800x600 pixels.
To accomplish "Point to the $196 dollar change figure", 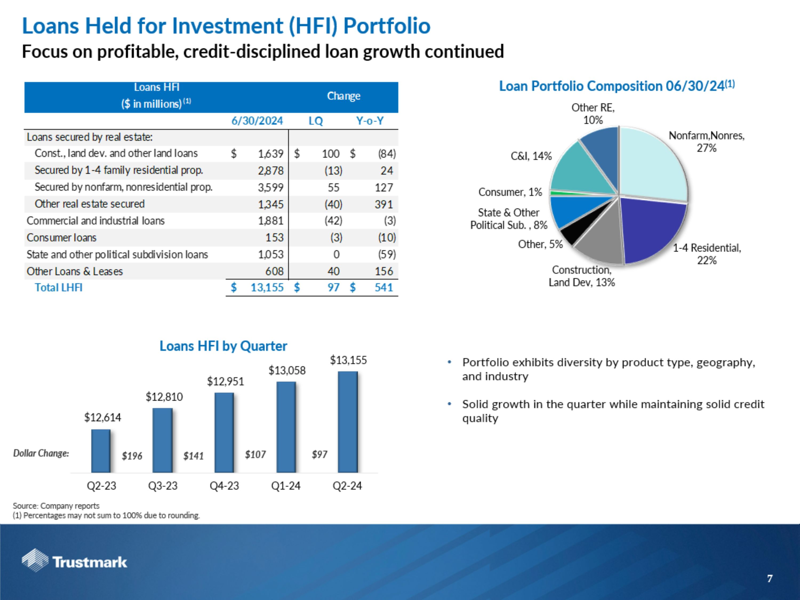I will click(132, 456).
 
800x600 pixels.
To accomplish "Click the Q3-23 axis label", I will click(163, 486).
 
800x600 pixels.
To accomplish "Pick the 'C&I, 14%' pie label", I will click(531, 156).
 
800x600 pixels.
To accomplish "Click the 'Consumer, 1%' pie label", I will click(510, 192).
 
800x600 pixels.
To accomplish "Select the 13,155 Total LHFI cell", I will click(267, 287).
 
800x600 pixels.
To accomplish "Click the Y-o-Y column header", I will click(370, 121).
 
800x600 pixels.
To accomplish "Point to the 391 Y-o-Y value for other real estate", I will click(383, 204).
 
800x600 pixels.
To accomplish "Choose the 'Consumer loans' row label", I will click(62, 238).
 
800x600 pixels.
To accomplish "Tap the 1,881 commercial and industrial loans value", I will click(270, 221).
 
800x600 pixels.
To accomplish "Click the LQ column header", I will click(315, 121).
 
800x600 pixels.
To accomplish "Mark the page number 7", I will click(770, 579).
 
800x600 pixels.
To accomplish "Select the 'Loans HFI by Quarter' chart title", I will click(223, 346).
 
